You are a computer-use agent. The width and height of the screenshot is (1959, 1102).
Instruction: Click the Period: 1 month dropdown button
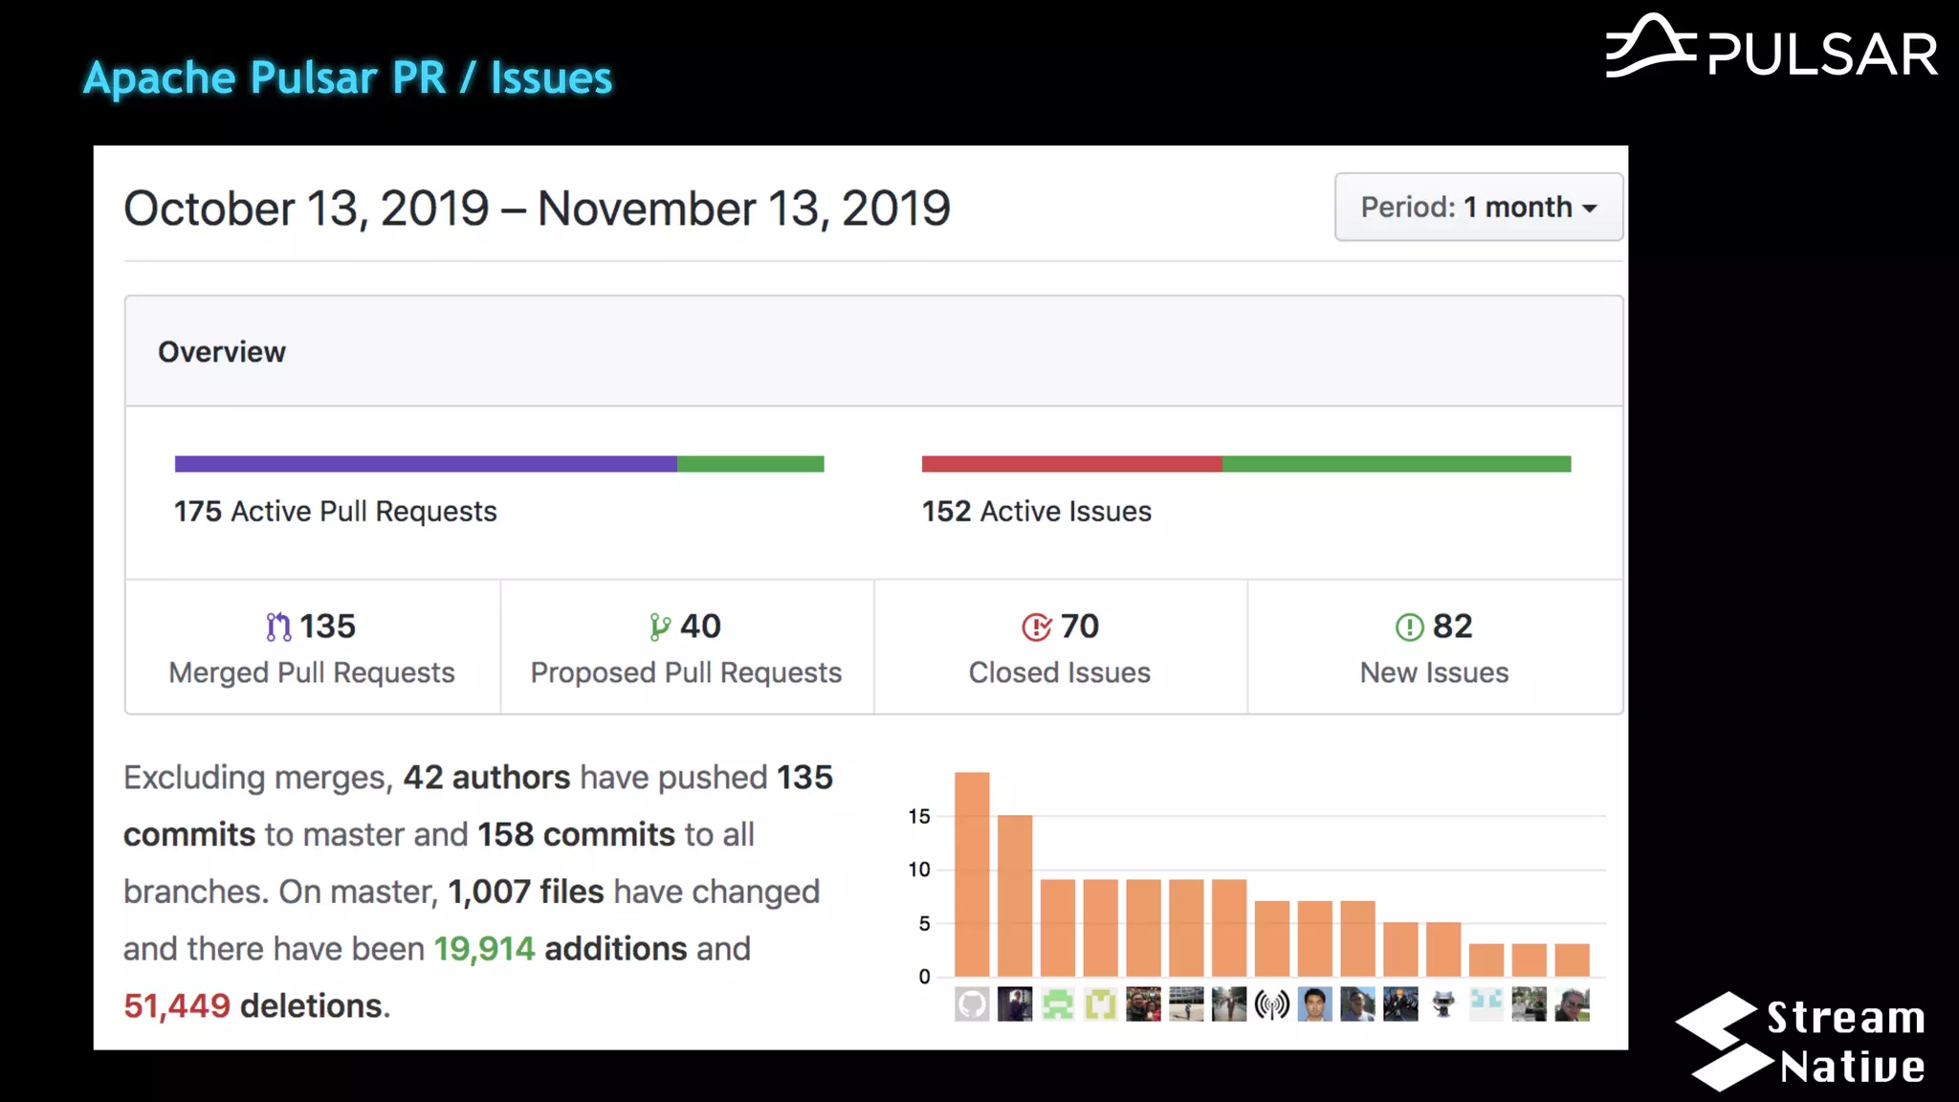click(x=1478, y=207)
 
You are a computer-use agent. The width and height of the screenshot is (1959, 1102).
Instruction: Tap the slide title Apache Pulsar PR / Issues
click(x=347, y=77)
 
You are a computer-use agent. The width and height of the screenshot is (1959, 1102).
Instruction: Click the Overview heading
click(x=222, y=352)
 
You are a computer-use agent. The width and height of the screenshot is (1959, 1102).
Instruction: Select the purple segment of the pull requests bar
click(x=426, y=464)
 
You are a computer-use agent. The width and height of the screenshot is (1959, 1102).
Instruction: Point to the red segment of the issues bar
click(x=1071, y=464)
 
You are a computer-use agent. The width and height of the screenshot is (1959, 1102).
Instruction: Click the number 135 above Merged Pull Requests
click(x=327, y=627)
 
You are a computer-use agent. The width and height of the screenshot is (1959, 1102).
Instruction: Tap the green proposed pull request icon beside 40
click(x=659, y=627)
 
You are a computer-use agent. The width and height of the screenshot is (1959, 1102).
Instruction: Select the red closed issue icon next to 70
click(x=1036, y=628)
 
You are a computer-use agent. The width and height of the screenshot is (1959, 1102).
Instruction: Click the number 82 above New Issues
click(x=1452, y=627)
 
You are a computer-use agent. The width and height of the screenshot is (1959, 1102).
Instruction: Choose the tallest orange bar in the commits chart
click(x=972, y=872)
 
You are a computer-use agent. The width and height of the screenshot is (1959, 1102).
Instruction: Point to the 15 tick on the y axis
click(x=919, y=816)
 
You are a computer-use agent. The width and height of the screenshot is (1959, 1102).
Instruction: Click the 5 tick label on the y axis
click(x=924, y=923)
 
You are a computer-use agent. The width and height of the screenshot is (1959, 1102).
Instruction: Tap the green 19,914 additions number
click(x=484, y=949)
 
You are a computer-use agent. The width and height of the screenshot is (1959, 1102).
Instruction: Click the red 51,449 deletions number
click(x=177, y=1005)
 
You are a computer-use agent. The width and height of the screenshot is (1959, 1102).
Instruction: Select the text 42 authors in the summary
click(x=486, y=778)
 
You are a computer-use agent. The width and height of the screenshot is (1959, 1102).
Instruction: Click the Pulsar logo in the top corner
click(x=1772, y=48)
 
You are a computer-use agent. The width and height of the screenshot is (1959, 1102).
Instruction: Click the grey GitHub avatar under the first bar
click(x=972, y=1004)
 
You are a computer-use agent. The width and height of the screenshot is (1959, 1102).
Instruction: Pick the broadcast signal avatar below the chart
click(x=1272, y=1004)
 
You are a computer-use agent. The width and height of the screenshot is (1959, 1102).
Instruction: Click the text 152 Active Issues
click(x=1036, y=512)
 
